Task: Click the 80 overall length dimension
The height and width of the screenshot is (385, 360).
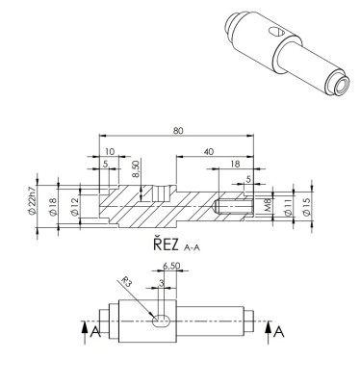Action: tap(178, 131)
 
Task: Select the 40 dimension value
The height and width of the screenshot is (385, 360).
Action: tap(209, 151)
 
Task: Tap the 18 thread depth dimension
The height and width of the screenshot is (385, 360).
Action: tap(235, 164)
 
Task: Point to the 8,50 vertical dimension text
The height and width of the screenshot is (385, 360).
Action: tap(136, 169)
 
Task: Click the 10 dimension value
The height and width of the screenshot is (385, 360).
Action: tap(110, 151)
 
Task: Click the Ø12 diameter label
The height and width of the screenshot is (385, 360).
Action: tap(74, 208)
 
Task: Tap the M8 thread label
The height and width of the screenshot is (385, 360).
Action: tap(269, 205)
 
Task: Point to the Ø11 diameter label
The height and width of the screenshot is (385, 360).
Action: tap(288, 207)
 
